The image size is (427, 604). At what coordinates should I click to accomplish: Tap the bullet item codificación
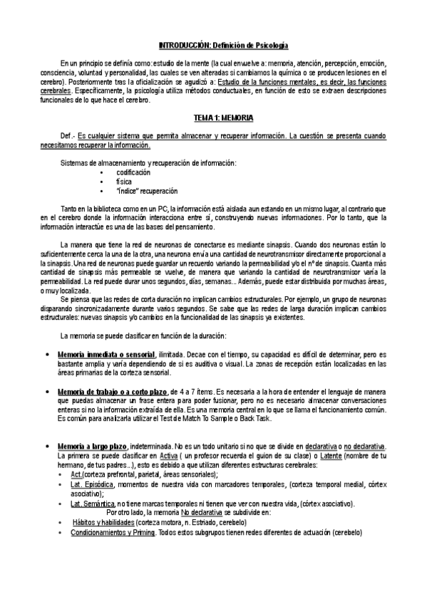133,173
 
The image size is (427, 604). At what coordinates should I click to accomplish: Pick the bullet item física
125,182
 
